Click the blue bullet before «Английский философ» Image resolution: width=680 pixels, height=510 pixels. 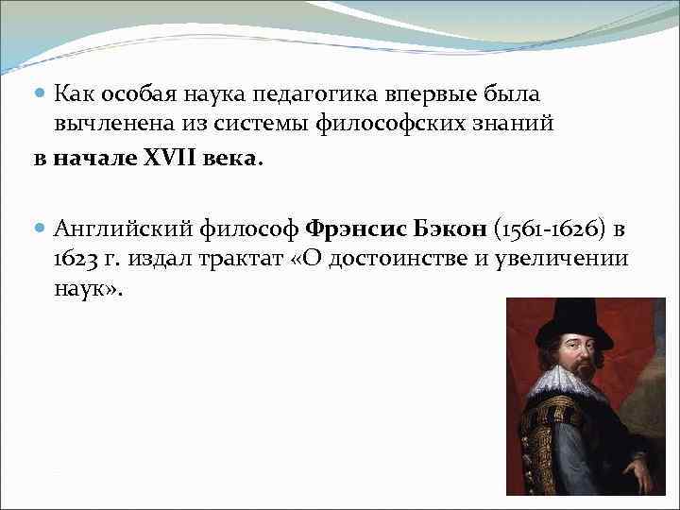(39, 229)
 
